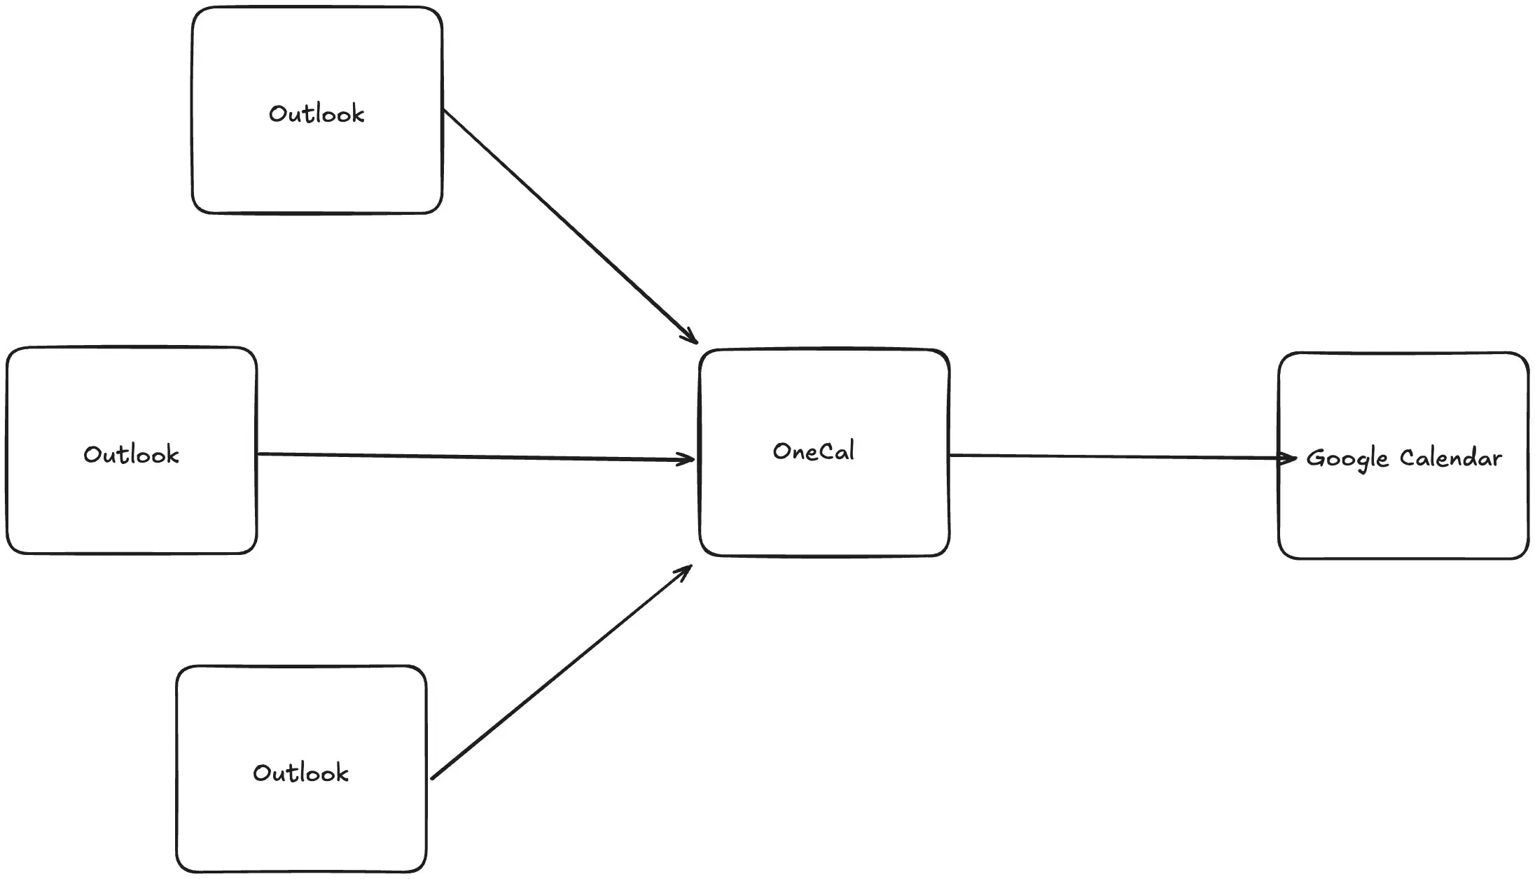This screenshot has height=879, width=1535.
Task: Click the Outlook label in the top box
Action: (317, 114)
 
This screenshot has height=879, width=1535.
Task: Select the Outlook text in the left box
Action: (131, 455)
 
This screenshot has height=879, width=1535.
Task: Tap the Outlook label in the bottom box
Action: (300, 773)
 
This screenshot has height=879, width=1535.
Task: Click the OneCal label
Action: (813, 451)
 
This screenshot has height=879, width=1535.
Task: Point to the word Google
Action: (1347, 459)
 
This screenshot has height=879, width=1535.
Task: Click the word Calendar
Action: (1450, 458)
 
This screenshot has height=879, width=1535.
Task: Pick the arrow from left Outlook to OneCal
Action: (476, 457)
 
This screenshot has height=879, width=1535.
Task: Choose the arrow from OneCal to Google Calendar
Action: (1120, 457)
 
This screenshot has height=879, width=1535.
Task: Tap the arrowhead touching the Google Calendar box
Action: (1290, 459)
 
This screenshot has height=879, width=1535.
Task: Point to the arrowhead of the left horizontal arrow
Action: (688, 460)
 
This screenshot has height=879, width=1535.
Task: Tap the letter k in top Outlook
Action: (358, 114)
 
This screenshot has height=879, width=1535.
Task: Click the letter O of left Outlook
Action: (92, 455)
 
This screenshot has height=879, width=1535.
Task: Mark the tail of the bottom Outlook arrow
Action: (433, 778)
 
